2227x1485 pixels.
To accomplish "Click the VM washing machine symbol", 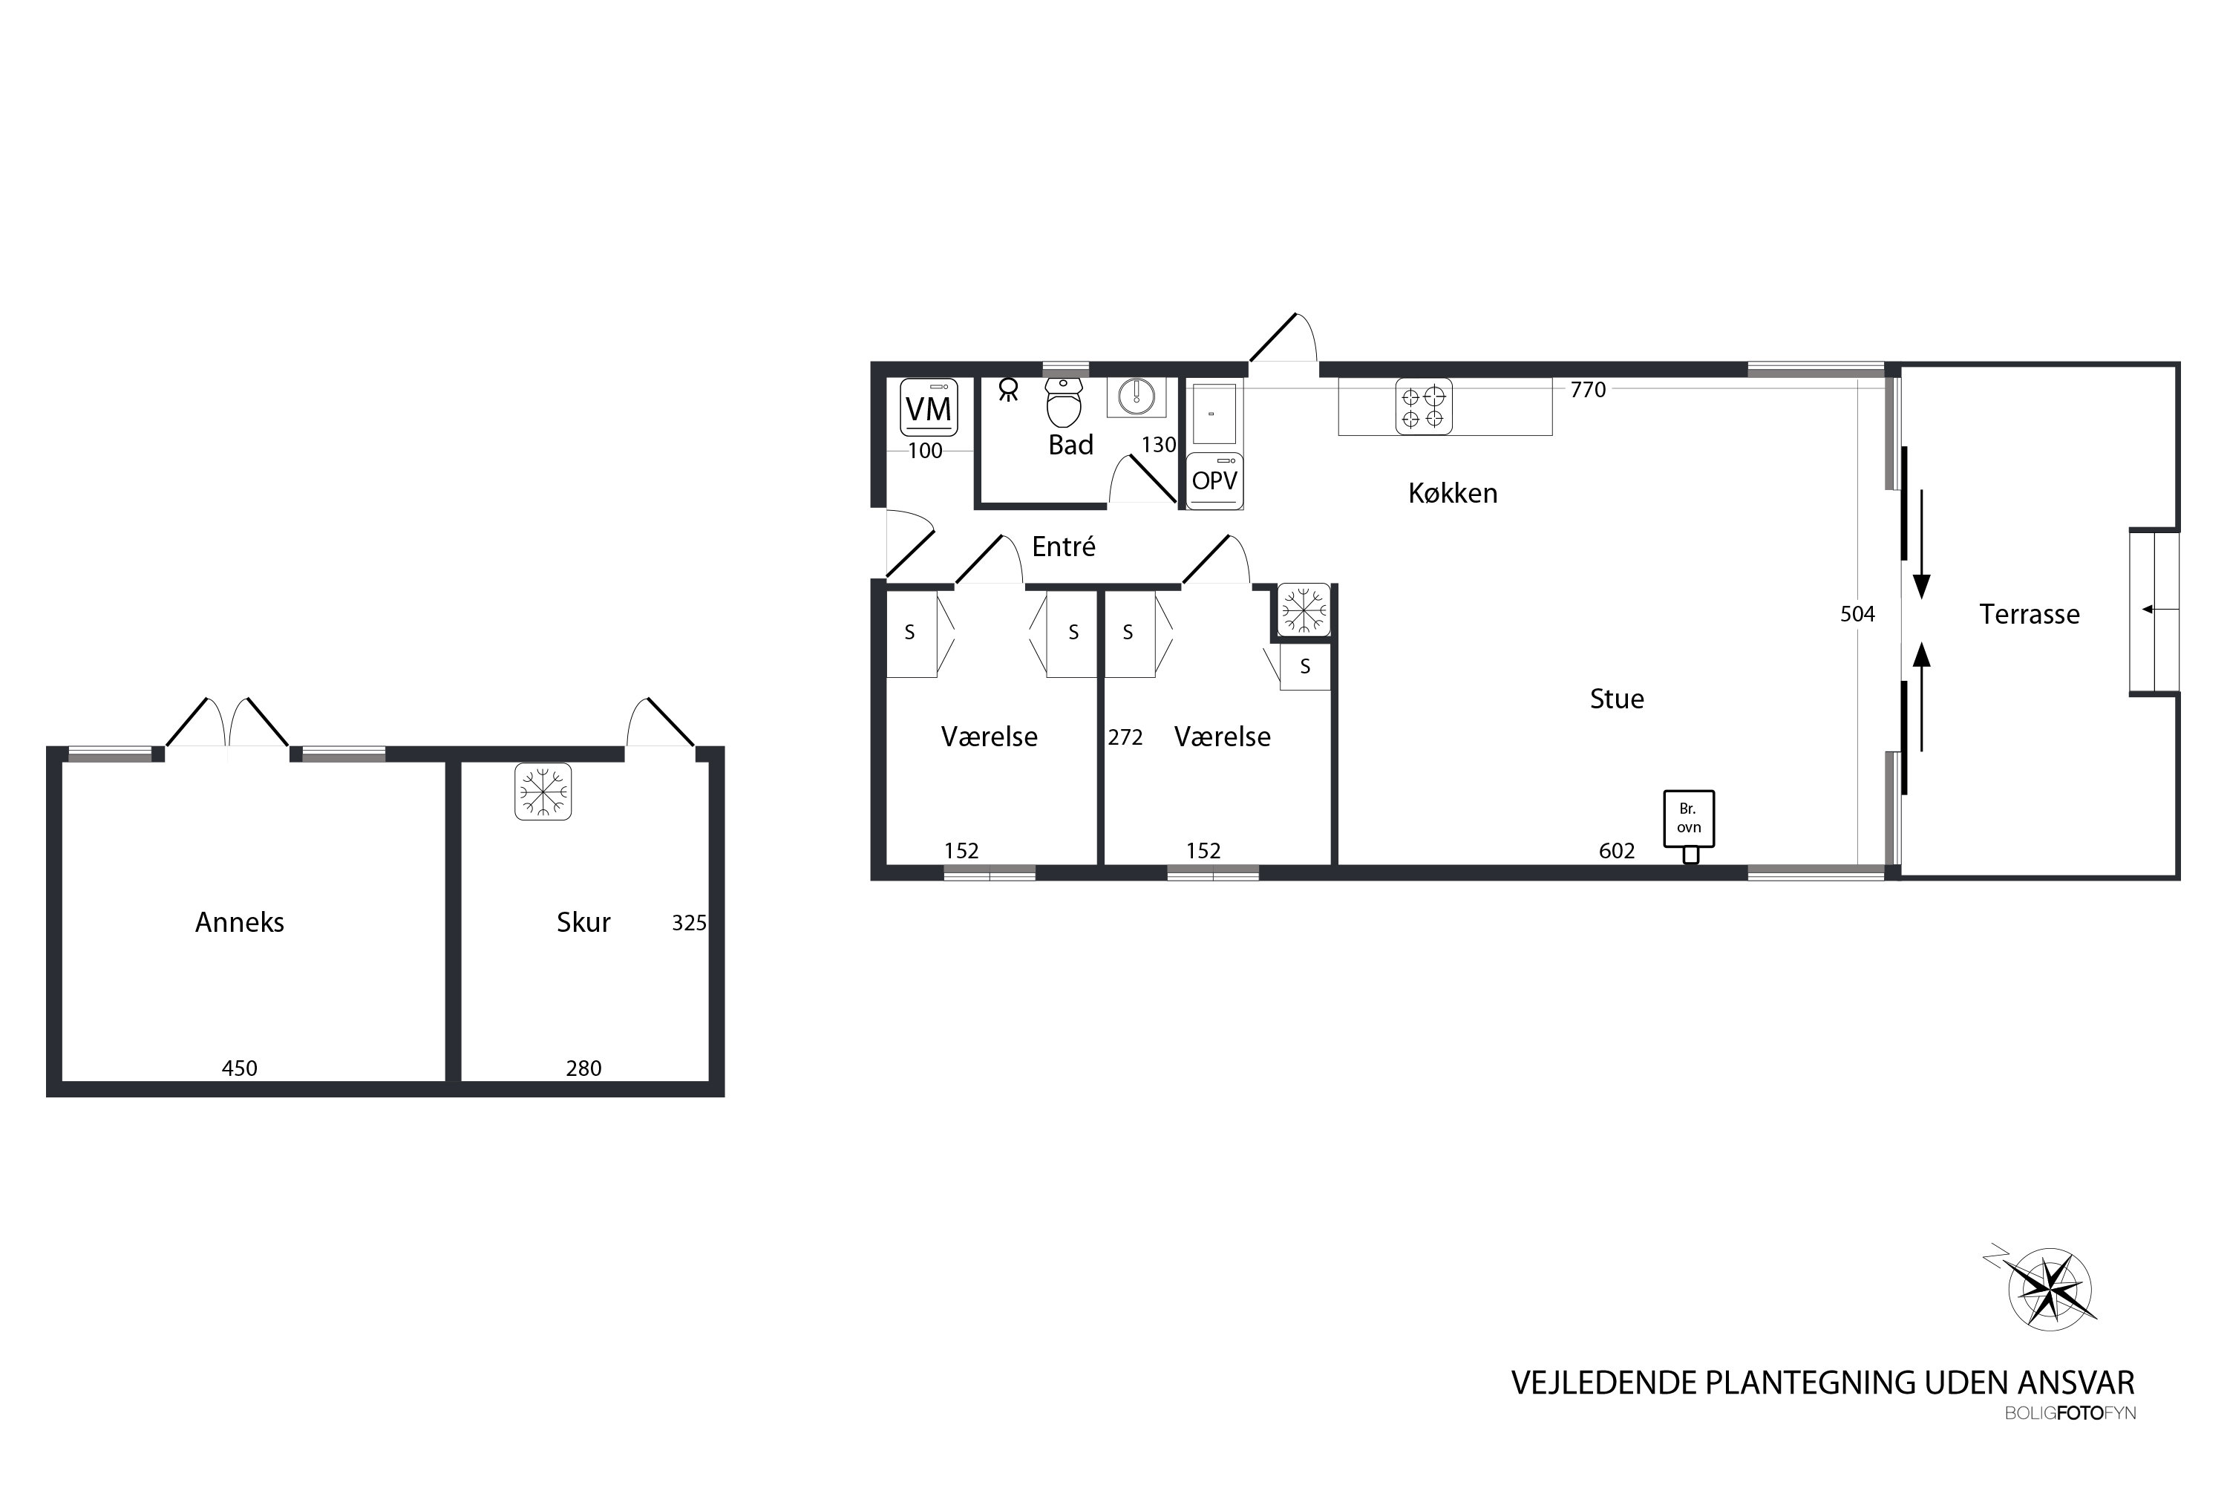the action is [928, 407].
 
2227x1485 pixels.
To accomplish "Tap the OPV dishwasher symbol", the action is [1214, 481].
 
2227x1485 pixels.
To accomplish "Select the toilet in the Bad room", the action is [1065, 402].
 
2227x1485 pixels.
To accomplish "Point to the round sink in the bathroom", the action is [1137, 396].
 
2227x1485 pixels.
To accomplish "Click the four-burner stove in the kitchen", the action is [1423, 406].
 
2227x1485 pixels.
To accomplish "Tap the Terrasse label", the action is [2029, 615].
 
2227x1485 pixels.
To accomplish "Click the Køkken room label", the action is [1453, 494].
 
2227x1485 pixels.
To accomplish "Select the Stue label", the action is [1616, 699].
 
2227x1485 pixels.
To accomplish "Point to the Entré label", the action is [1063, 546].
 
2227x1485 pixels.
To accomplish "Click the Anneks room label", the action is [240, 922].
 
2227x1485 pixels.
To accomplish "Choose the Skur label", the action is [583, 922].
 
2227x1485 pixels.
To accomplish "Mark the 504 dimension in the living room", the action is [1857, 615].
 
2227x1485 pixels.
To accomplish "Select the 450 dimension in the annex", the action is [240, 1068].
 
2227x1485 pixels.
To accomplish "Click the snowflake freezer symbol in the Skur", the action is [543, 791].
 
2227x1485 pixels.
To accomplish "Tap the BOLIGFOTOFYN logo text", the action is [2070, 1414].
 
